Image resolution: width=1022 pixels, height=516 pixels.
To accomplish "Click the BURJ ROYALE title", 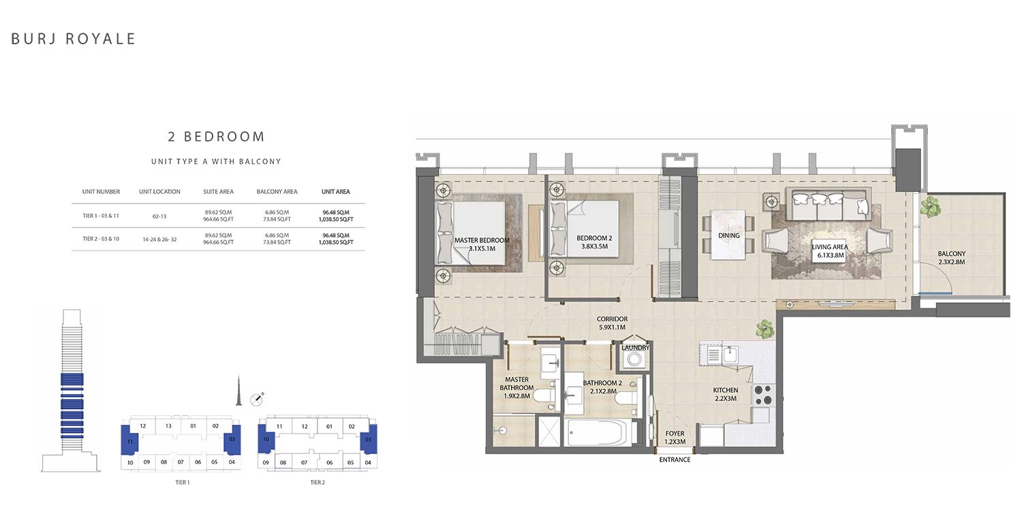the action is click(73, 39).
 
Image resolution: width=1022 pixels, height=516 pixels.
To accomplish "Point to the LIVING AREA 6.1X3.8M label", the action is click(830, 251).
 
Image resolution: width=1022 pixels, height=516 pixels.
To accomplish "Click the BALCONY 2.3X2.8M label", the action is click(952, 258).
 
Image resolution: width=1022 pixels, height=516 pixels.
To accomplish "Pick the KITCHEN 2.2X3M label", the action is click(726, 394).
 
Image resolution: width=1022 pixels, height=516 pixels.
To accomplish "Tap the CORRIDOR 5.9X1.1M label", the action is click(613, 323).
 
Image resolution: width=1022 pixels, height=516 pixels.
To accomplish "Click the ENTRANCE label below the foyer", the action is click(675, 460).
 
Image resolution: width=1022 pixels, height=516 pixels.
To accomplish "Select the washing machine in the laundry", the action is click(634, 359).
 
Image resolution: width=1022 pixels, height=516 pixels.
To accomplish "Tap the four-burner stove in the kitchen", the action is click(763, 395).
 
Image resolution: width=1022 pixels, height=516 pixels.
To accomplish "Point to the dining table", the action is click(728, 234).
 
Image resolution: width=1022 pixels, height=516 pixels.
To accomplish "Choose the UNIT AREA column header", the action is click(336, 192).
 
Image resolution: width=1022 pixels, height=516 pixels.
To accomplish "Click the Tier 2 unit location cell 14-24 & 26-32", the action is click(159, 240).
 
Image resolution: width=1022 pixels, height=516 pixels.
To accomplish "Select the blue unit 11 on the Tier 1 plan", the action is click(129, 440).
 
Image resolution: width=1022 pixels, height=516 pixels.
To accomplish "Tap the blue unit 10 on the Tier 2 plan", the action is click(266, 438).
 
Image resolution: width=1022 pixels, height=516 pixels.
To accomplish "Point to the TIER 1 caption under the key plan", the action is click(183, 482).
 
